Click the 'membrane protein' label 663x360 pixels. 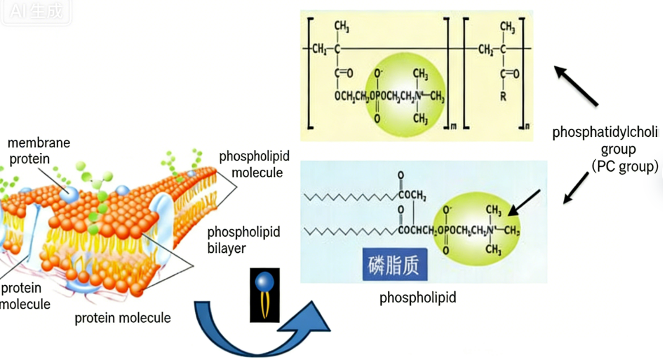pos(38,151)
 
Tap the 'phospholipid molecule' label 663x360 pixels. pos(254,164)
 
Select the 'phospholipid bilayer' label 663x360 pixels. pos(244,240)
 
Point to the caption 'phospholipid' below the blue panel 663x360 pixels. pos(418,298)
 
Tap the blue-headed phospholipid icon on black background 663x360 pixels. pos(265,295)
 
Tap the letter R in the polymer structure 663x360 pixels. pos(503,97)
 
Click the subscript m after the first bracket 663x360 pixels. pos(453,127)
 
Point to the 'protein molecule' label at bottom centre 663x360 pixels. pos(122,318)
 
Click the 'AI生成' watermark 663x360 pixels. pos(36,11)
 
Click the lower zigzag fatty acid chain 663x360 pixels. pos(350,231)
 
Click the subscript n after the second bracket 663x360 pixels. pos(527,127)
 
